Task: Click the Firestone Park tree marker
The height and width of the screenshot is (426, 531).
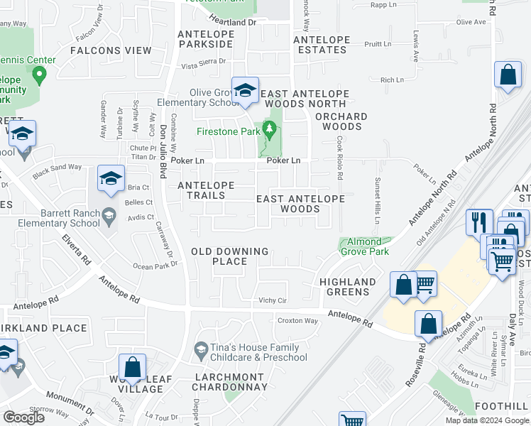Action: [268, 129]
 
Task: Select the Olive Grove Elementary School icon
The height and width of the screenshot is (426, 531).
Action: [245, 90]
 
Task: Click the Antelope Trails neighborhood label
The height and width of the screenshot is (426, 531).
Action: [206, 190]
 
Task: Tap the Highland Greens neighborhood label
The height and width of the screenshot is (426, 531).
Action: [347, 287]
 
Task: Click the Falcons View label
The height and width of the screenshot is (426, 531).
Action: [111, 50]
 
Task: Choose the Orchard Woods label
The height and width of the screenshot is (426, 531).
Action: [341, 121]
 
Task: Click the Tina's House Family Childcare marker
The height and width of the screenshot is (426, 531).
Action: [201, 349]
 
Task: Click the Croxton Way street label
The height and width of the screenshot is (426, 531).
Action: [297, 320]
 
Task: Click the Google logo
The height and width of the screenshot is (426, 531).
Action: [23, 417]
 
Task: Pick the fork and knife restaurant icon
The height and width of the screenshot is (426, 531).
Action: [479, 222]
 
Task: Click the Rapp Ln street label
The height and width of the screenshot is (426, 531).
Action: [383, 4]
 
